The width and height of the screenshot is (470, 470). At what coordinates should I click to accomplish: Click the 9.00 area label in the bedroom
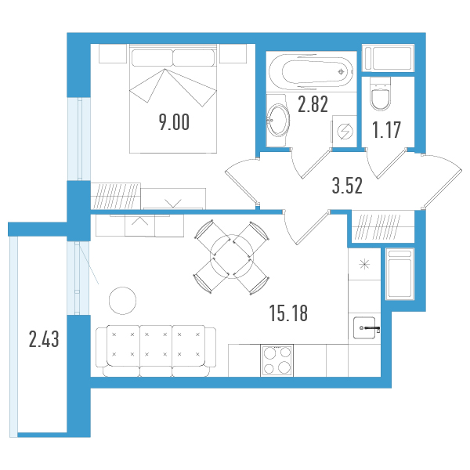coord(174,122)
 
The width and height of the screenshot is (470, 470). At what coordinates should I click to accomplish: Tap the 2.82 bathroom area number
coord(313,104)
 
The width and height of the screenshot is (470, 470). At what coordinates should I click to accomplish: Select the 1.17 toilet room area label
coord(386,130)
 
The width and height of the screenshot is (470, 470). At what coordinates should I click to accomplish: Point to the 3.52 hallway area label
coord(347,186)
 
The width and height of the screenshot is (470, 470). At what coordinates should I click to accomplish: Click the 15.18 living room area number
coord(288,313)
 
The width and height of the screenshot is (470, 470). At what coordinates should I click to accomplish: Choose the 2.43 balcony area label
coord(44,339)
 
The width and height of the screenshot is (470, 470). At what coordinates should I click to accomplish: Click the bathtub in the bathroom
coord(311,72)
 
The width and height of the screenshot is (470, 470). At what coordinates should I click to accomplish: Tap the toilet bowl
coord(381,94)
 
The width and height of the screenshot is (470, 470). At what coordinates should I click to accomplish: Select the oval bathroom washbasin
coord(278,120)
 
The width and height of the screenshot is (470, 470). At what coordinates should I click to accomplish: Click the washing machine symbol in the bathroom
coord(345,132)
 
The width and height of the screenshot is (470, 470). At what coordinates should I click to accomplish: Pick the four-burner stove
coord(277,360)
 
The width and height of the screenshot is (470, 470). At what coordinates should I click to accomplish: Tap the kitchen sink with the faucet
coord(365,328)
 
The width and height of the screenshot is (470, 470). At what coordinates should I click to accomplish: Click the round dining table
coord(232,257)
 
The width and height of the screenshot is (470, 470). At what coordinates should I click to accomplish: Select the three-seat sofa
coord(156,351)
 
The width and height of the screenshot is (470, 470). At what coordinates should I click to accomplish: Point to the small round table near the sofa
coord(123,301)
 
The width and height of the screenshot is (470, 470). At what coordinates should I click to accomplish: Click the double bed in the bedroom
coord(173,99)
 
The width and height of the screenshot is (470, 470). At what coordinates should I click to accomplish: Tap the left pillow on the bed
coord(152,58)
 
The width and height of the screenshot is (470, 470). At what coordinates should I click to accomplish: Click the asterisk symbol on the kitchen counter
coord(364,265)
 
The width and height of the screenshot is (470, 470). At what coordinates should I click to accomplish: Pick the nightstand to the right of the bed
coord(233,53)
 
